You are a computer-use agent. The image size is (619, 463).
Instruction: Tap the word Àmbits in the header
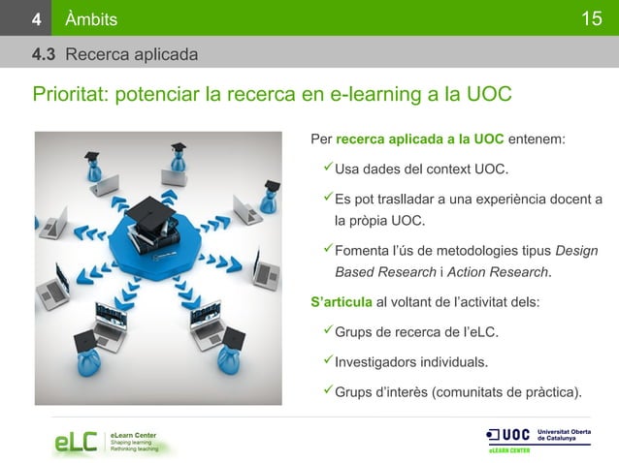tap(92, 18)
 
